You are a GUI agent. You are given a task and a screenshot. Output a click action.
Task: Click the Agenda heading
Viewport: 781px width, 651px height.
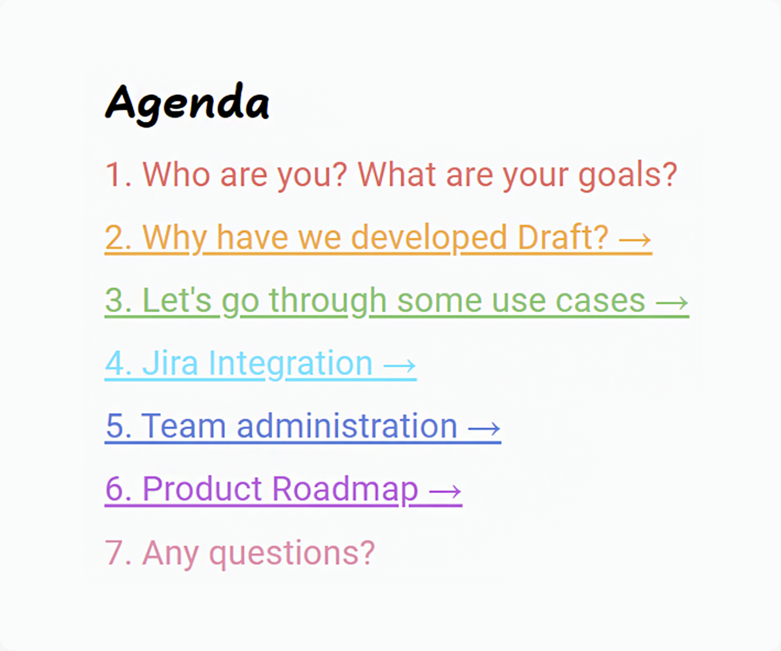click(187, 103)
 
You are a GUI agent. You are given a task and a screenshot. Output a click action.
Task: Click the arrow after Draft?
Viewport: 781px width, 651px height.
click(635, 239)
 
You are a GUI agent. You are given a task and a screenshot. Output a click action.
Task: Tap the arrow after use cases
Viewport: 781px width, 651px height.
click(672, 302)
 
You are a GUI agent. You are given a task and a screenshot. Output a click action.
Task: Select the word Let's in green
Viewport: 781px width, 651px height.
click(177, 300)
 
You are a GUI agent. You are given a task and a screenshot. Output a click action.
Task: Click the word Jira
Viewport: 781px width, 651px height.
click(170, 362)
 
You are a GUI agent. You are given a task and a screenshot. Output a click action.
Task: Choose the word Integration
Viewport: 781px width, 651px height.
click(290, 364)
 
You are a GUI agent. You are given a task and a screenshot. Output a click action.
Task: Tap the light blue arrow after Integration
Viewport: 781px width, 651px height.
click(400, 366)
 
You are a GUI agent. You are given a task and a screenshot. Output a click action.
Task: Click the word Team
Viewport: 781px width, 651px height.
click(183, 426)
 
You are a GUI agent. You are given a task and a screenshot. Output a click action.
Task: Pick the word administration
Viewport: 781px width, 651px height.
click(347, 426)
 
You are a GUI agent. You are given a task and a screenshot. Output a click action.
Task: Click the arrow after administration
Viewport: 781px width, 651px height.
click(484, 429)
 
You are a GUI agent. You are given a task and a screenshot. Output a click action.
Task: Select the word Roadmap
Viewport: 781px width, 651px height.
click(345, 490)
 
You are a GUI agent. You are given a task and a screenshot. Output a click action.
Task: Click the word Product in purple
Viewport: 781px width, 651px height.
click(201, 489)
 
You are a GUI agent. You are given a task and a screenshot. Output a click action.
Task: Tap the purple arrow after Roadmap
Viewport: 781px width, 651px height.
click(445, 491)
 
